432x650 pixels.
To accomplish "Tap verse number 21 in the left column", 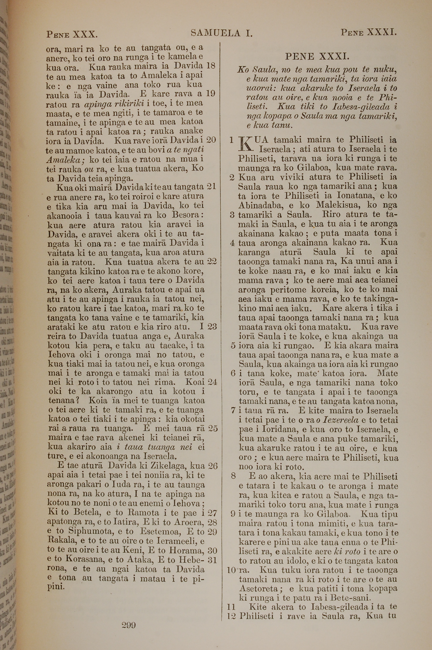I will [211, 186].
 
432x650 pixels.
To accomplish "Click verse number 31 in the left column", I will [212, 560].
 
